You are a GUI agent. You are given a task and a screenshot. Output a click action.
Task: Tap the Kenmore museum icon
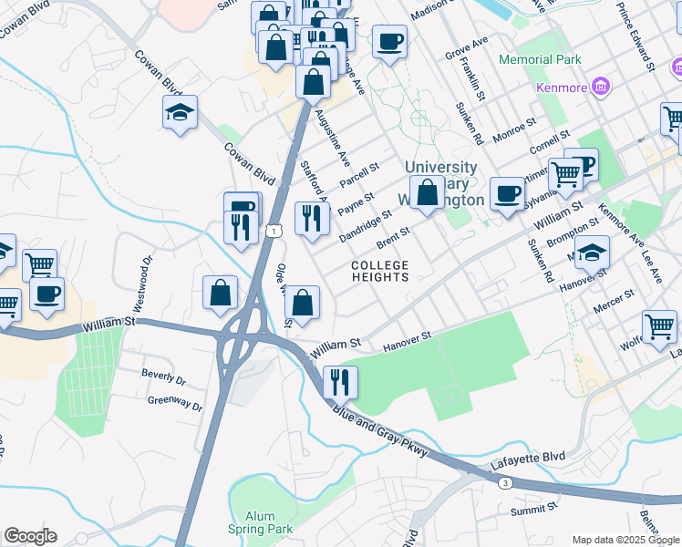point(600,88)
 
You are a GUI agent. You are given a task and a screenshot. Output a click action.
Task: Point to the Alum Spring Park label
point(262,522)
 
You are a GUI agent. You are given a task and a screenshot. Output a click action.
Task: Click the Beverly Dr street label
point(163,376)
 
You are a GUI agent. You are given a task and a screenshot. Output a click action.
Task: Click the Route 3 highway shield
point(504,483)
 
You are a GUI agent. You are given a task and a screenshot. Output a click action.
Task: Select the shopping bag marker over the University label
point(426,191)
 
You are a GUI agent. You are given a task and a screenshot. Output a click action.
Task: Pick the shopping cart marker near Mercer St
point(658,325)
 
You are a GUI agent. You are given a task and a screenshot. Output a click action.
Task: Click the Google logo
point(31,536)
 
